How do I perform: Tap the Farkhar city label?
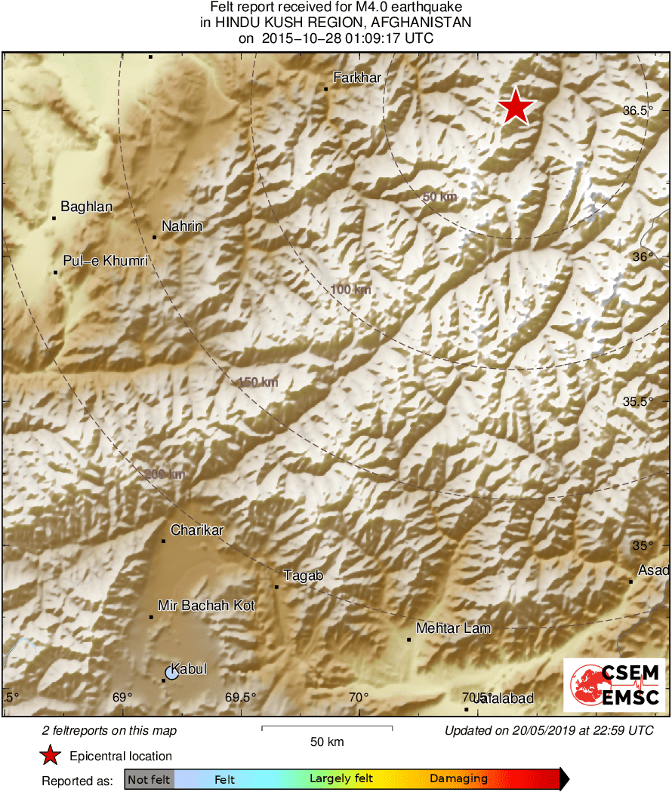click(357, 78)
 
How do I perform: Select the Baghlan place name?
click(86, 207)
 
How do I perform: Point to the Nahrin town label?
click(182, 226)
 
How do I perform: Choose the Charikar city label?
click(197, 530)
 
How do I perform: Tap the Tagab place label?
click(303, 576)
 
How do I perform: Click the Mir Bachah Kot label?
click(206, 606)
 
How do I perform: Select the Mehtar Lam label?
click(454, 628)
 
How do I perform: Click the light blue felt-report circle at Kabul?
click(172, 673)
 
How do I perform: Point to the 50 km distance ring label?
click(439, 197)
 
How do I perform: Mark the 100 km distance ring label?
click(350, 290)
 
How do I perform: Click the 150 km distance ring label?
click(258, 382)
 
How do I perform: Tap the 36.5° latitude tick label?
click(638, 111)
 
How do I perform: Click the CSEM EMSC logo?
click(615, 685)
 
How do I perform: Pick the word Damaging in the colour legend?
click(458, 778)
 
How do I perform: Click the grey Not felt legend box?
click(150, 778)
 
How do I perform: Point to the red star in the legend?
click(50, 756)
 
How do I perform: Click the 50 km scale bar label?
click(327, 741)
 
